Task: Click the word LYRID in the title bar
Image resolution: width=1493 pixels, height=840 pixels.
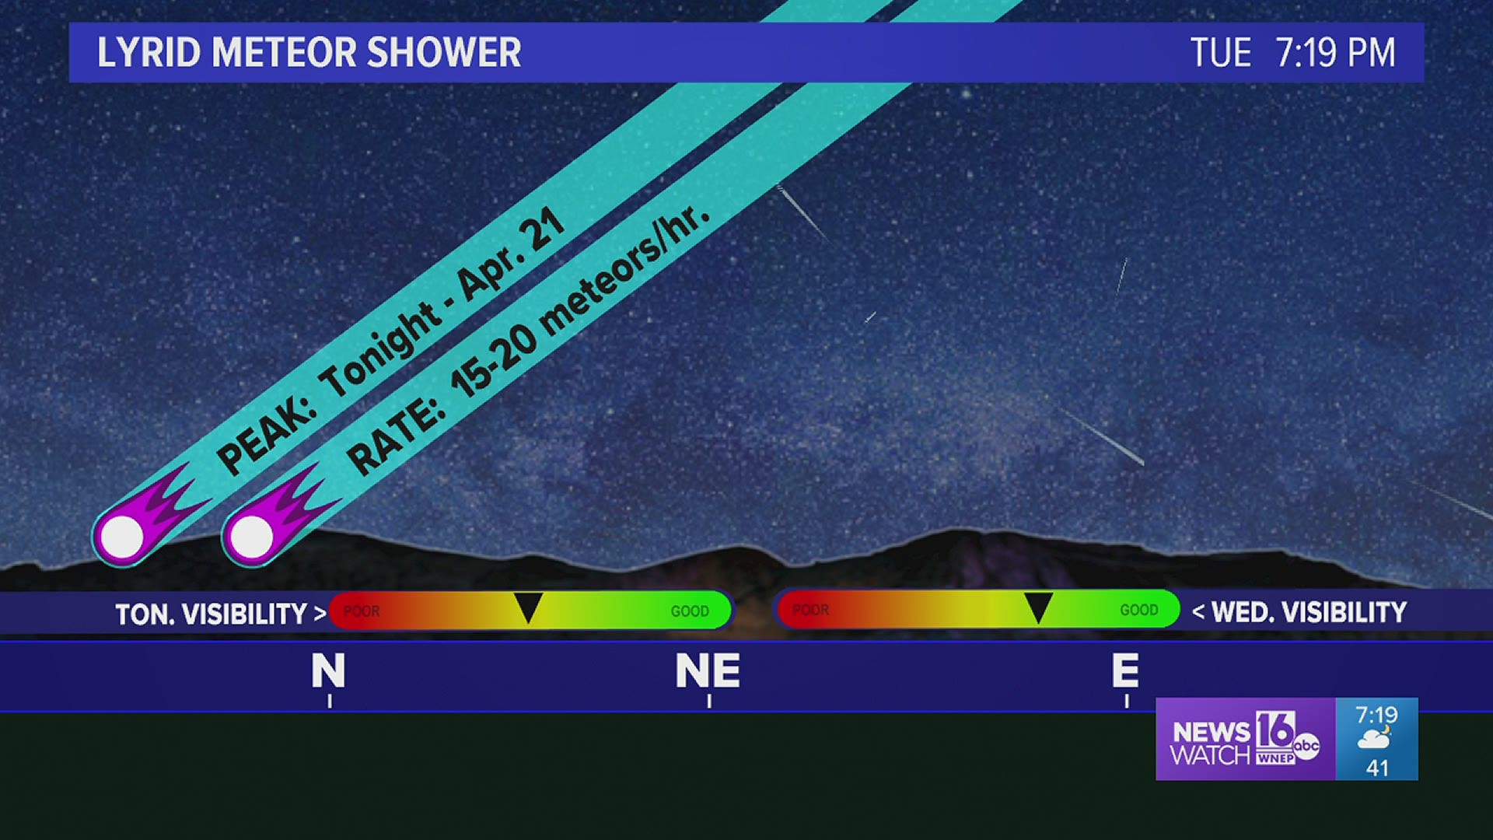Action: pos(149,53)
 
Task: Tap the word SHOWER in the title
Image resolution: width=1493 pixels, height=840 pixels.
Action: pos(444,53)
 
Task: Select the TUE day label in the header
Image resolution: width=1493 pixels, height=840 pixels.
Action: pos(1221,53)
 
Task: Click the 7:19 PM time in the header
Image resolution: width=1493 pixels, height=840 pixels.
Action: pos(1335,53)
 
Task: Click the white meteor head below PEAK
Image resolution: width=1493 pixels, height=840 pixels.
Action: pos(122,536)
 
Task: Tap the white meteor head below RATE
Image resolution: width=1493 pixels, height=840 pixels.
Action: pos(252,536)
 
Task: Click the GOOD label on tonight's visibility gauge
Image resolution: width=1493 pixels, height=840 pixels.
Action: pos(690,611)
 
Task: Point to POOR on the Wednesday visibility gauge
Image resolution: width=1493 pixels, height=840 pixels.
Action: pos(810,610)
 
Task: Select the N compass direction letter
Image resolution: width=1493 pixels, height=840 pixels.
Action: pos(328,670)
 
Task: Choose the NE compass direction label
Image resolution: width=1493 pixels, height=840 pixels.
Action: pos(708,670)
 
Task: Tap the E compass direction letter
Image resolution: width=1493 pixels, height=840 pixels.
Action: pos(1125,670)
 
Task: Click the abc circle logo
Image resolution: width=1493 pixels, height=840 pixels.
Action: pos(1306,745)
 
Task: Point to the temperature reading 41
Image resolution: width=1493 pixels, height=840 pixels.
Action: pos(1377,768)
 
